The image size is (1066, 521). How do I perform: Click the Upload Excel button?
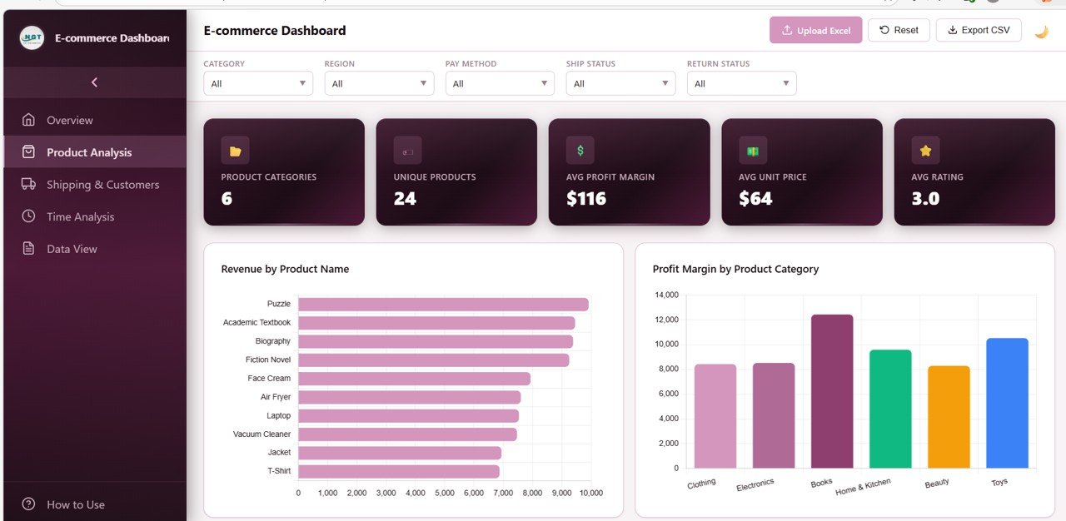pyautogui.click(x=815, y=30)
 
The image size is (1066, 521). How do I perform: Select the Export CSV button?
pyautogui.click(x=978, y=30)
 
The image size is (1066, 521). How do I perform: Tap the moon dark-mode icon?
pyautogui.click(x=1041, y=32)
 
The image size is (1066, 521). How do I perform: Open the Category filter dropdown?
pyautogui.click(x=258, y=83)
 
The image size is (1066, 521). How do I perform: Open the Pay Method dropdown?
pyautogui.click(x=500, y=83)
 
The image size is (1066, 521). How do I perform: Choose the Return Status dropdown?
pyautogui.click(x=741, y=83)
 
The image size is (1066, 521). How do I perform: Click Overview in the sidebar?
pyautogui.click(x=70, y=121)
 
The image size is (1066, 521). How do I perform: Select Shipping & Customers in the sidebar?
pyautogui.click(x=102, y=185)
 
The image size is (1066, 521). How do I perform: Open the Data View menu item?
pyautogui.click(x=72, y=249)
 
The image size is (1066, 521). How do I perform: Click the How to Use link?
pyautogui.click(x=75, y=504)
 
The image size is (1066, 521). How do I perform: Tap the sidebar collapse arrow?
pyautogui.click(x=94, y=82)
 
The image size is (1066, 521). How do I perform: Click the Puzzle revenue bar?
pyautogui.click(x=443, y=305)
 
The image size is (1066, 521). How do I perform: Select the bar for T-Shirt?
pyautogui.click(x=399, y=471)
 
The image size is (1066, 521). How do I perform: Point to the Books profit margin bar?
pyautogui.click(x=832, y=391)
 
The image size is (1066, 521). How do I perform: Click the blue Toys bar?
pyautogui.click(x=1007, y=403)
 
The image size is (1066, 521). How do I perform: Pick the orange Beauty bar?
pyautogui.click(x=949, y=416)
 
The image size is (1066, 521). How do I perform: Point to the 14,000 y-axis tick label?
pyautogui.click(x=667, y=295)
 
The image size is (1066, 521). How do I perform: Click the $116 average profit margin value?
pyautogui.click(x=586, y=199)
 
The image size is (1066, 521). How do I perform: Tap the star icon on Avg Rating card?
pyautogui.click(x=924, y=151)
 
